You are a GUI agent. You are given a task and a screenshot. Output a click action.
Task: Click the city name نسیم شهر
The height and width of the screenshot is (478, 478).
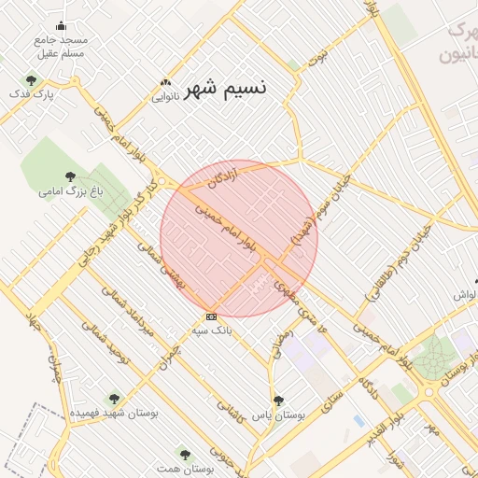coord(225,89)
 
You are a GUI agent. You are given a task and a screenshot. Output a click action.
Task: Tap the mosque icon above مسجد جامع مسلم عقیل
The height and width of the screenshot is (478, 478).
coord(62,26)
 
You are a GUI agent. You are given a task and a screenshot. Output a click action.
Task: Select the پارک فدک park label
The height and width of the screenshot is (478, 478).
coord(34,94)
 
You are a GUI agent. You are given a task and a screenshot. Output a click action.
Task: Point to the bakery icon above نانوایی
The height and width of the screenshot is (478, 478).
coord(166,82)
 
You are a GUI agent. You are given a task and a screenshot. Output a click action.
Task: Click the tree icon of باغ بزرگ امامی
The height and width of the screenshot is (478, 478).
coord(70,176)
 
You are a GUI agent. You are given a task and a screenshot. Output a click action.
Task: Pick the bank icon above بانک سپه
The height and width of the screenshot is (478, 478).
coord(211,316)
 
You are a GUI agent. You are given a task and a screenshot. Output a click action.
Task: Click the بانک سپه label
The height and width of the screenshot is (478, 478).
coord(211,330)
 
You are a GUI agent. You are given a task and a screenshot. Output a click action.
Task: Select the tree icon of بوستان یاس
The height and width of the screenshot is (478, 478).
coord(278,400)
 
